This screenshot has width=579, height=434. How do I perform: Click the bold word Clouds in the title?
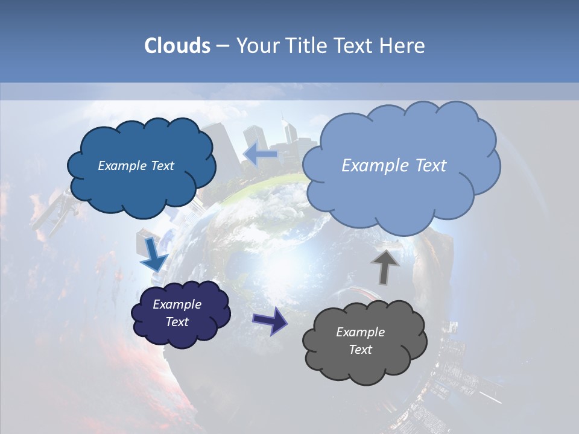click(x=177, y=46)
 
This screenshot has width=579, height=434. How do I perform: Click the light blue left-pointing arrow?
click(x=260, y=154)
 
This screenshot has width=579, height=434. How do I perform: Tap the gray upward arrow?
click(x=385, y=266)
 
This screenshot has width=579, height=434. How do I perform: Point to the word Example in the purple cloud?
click(x=177, y=304)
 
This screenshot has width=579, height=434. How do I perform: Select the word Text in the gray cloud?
click(x=361, y=350)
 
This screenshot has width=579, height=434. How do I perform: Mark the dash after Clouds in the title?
click(x=221, y=46)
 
